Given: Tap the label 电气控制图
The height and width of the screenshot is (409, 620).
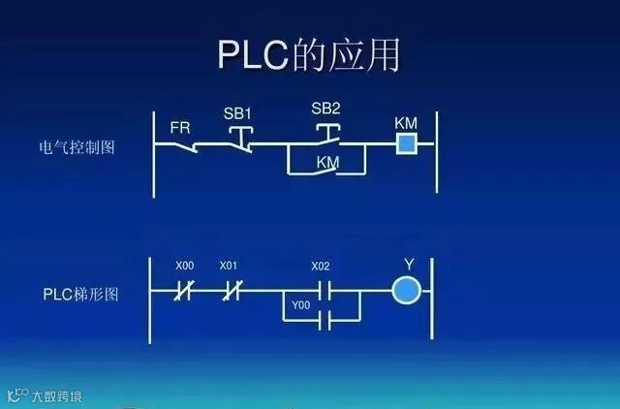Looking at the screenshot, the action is point(77,148).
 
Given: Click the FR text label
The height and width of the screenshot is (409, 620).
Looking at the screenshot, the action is point(180,128).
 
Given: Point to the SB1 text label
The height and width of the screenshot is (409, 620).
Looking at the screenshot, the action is point(237,113).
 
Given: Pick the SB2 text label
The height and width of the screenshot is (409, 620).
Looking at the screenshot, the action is point(325,108).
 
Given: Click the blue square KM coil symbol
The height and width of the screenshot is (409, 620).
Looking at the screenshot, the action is point(406,145).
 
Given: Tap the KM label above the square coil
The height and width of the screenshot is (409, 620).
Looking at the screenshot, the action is point(406,124).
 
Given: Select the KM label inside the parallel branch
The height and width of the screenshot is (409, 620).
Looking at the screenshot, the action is point(327,164).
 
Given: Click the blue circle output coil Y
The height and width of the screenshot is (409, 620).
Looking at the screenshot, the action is point(407,290).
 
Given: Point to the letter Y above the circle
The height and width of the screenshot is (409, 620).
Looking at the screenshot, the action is point(408,265).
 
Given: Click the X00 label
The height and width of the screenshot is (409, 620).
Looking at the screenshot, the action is point(184,266).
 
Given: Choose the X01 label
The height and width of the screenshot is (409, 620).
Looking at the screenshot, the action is point(229,266).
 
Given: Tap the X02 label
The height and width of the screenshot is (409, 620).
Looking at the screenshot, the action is point(320,266).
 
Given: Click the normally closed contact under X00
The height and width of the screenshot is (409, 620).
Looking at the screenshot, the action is point(181,290).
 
